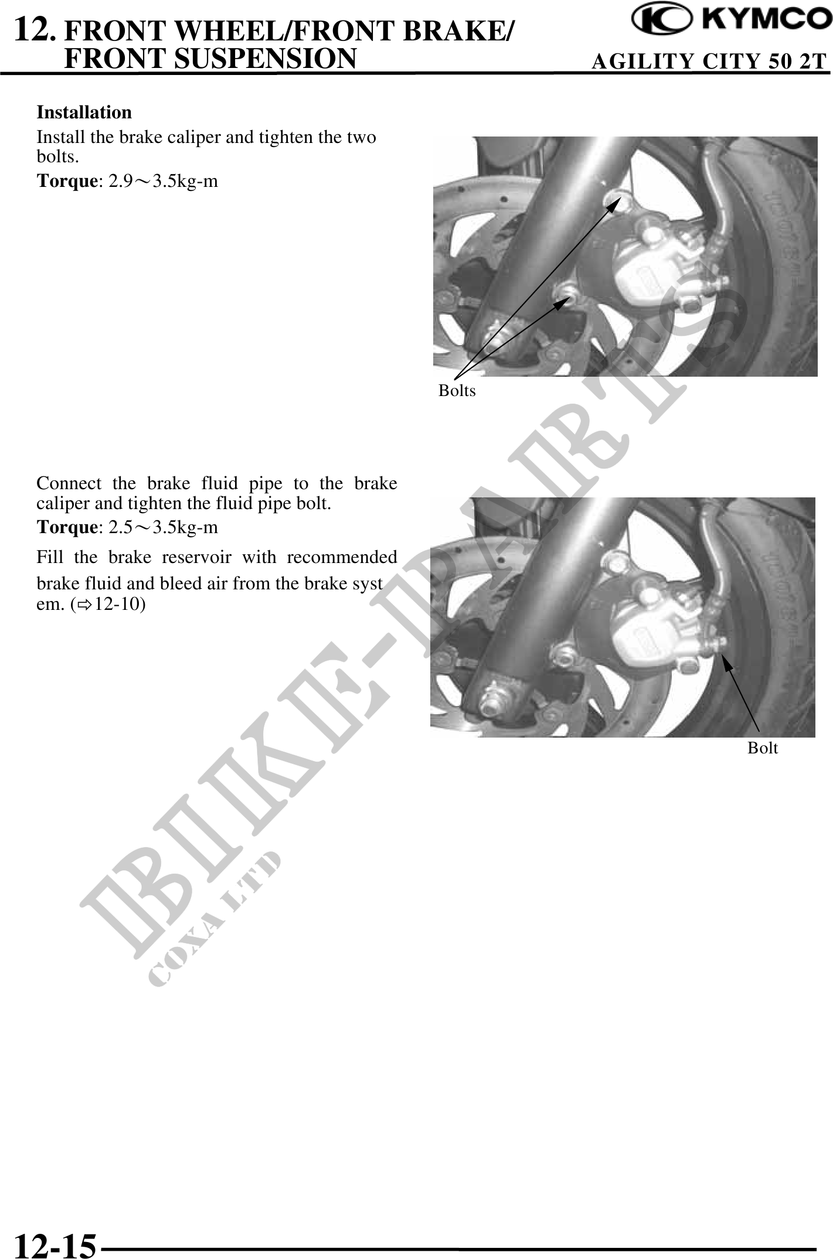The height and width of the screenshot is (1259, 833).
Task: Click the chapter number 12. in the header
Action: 35,29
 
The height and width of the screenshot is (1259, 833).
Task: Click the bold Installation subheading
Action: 84,112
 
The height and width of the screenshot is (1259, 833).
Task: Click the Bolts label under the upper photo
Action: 457,391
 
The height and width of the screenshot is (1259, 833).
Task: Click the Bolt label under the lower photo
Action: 763,748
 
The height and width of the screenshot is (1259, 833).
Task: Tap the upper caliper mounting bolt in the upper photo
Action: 617,200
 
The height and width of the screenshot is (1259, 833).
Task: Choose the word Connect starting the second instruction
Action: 67,484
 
